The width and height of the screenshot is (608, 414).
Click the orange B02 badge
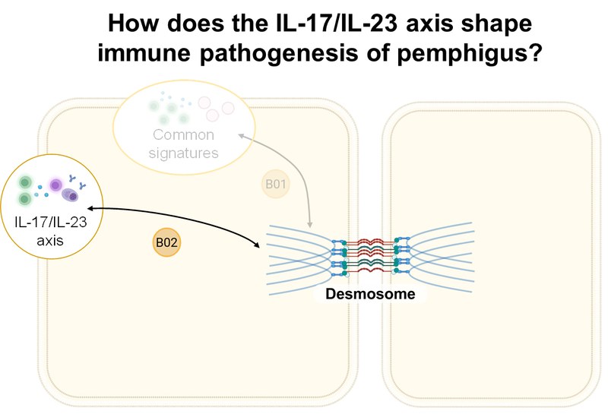[x=167, y=242]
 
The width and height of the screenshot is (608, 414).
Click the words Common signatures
[x=185, y=144]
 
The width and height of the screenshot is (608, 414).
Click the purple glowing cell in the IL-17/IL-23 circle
[x=55, y=185]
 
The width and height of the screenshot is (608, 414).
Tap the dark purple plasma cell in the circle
[x=71, y=196]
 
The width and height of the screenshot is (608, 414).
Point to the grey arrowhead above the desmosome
[x=311, y=225]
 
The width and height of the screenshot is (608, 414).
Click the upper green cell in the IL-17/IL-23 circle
[x=25, y=183]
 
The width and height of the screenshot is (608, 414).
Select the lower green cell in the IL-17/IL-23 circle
[x=25, y=199]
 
